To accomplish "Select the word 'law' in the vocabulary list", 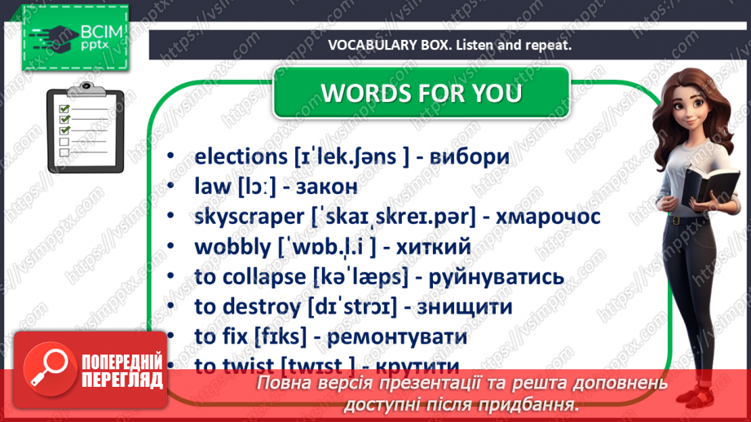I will [214, 187].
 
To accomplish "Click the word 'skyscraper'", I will [250, 218].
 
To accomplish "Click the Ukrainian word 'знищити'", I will [464, 307].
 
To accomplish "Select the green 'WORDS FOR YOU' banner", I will [421, 92].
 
